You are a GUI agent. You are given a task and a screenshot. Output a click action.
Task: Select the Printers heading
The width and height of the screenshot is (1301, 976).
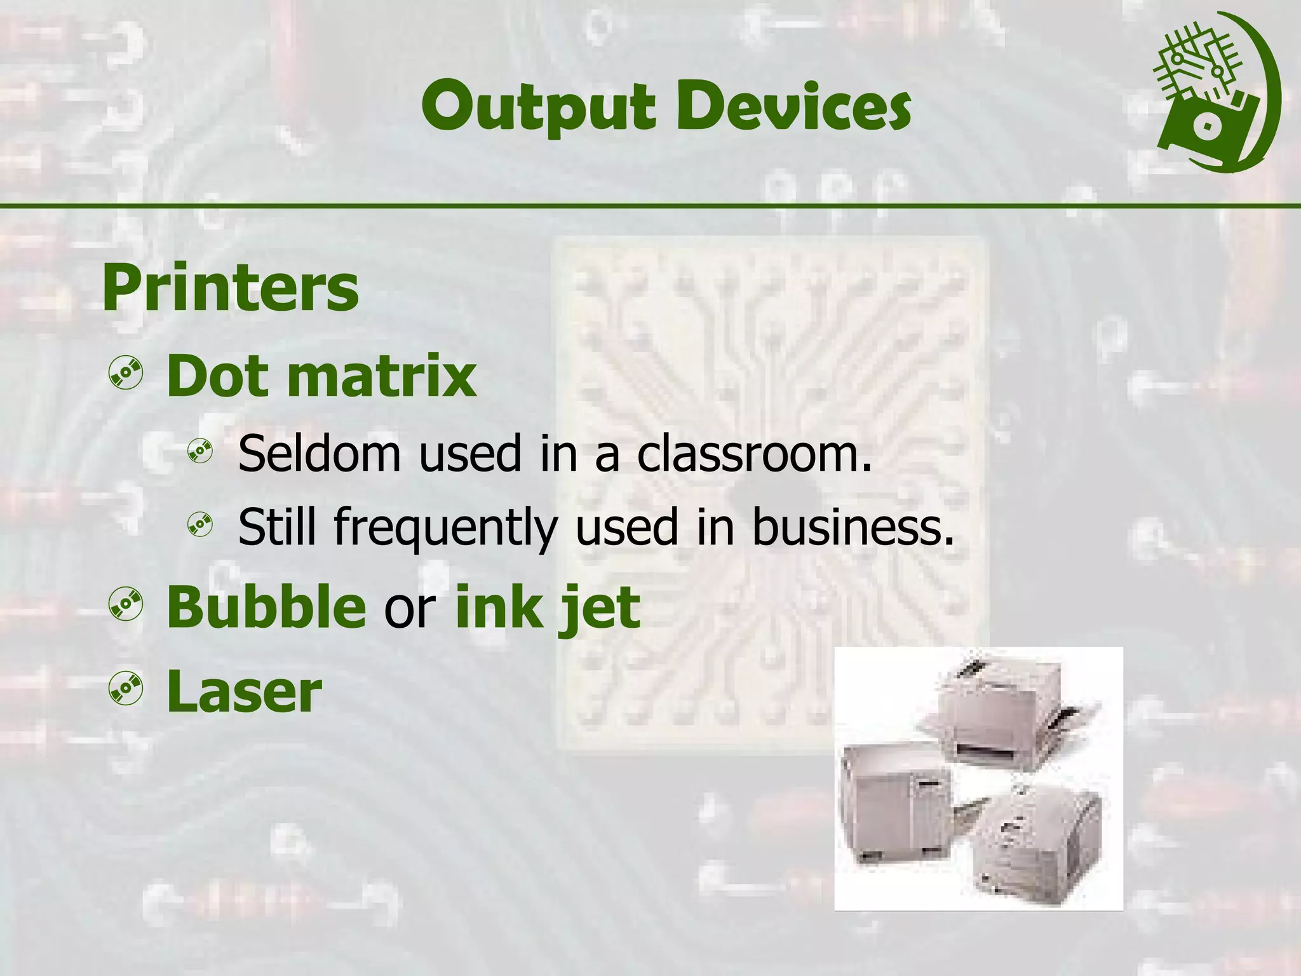pos(231,288)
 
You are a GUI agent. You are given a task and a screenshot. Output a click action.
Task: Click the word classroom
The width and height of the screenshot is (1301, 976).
pos(754,454)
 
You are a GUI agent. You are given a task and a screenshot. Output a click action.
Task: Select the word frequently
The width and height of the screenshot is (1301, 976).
pos(445,527)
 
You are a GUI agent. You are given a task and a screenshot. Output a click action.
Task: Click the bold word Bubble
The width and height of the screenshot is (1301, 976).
pos(266,607)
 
